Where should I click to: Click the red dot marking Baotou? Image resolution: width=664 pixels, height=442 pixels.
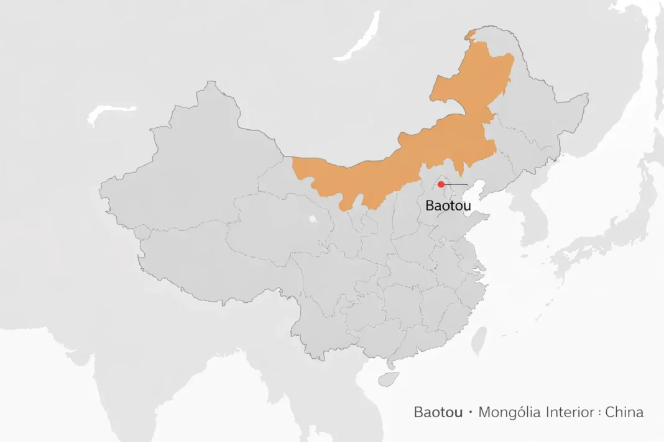coord(441,184)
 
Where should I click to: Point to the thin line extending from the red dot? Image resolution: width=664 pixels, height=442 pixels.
coord(457,185)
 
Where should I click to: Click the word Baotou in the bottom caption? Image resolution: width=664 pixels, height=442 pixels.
coord(438,412)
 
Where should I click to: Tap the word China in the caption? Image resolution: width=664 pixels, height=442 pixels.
coord(624,412)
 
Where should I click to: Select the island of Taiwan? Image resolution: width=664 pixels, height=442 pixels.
coord(479,341)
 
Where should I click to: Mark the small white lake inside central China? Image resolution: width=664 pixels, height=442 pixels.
coord(311,219)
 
